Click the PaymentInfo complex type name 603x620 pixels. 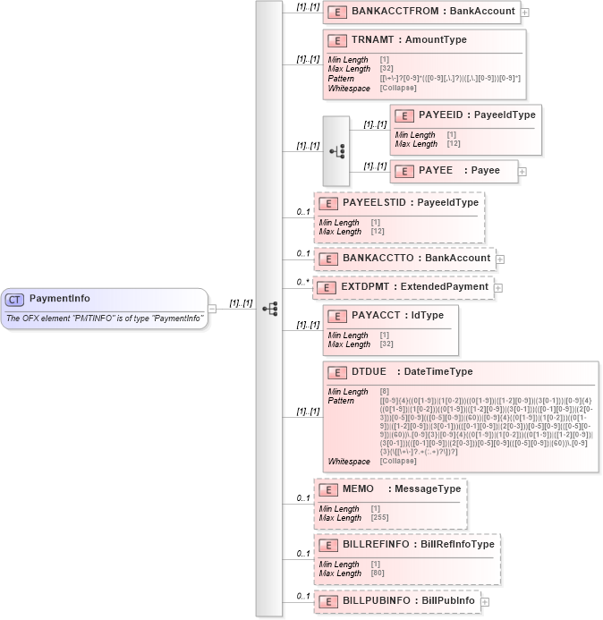tap(59, 299)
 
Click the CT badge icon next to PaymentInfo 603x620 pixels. tap(15, 299)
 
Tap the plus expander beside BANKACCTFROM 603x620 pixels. tap(524, 13)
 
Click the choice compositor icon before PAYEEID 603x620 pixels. tap(336, 151)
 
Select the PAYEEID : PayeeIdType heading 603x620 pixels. tap(477, 115)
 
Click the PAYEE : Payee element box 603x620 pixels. tap(454, 170)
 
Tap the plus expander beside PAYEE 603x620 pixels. tap(522, 171)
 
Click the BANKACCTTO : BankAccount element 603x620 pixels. tap(408, 258)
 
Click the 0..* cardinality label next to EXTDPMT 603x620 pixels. tap(304, 282)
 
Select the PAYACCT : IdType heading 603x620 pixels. tap(393, 316)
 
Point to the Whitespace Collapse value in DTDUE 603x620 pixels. tap(398, 462)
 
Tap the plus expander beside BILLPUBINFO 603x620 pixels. tap(485, 602)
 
